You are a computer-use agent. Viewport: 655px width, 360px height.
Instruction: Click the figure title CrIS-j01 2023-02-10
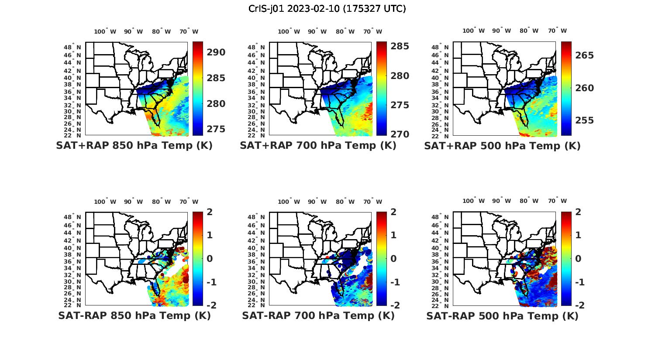(x=327, y=9)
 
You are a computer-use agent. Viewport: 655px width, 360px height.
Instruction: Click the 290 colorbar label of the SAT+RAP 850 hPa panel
(x=216, y=52)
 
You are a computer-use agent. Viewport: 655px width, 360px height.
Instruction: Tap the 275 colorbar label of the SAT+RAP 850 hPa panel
(x=216, y=129)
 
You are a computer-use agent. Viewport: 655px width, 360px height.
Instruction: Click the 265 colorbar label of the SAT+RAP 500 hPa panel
(x=584, y=55)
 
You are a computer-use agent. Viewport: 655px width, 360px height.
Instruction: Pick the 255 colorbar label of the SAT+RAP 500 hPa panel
(x=584, y=120)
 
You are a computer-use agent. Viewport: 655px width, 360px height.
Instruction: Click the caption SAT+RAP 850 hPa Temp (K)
(x=134, y=146)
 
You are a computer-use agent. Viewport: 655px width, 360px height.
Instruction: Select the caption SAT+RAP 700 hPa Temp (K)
(x=318, y=146)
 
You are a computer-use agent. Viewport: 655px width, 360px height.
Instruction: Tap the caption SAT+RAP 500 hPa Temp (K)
(x=502, y=146)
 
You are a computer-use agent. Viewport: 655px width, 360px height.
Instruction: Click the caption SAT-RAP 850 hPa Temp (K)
(x=134, y=316)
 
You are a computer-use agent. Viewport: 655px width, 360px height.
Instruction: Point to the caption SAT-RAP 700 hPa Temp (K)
(x=318, y=316)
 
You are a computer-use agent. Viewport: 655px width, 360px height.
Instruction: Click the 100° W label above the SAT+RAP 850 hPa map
(x=105, y=31)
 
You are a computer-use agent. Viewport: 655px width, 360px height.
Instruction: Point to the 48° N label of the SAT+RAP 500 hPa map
(x=444, y=47)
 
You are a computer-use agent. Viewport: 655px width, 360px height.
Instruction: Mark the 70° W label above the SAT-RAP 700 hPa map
(x=372, y=202)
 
